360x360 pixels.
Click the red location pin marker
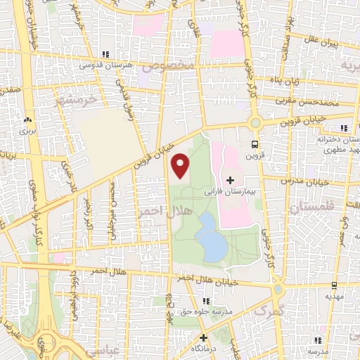point(181,166)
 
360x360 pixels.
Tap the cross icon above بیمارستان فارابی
point(230,180)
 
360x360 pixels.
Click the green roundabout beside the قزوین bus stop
point(255,123)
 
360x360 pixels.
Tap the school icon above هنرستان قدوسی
point(105,53)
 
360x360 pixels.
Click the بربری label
point(27,131)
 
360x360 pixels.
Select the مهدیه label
point(333,296)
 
